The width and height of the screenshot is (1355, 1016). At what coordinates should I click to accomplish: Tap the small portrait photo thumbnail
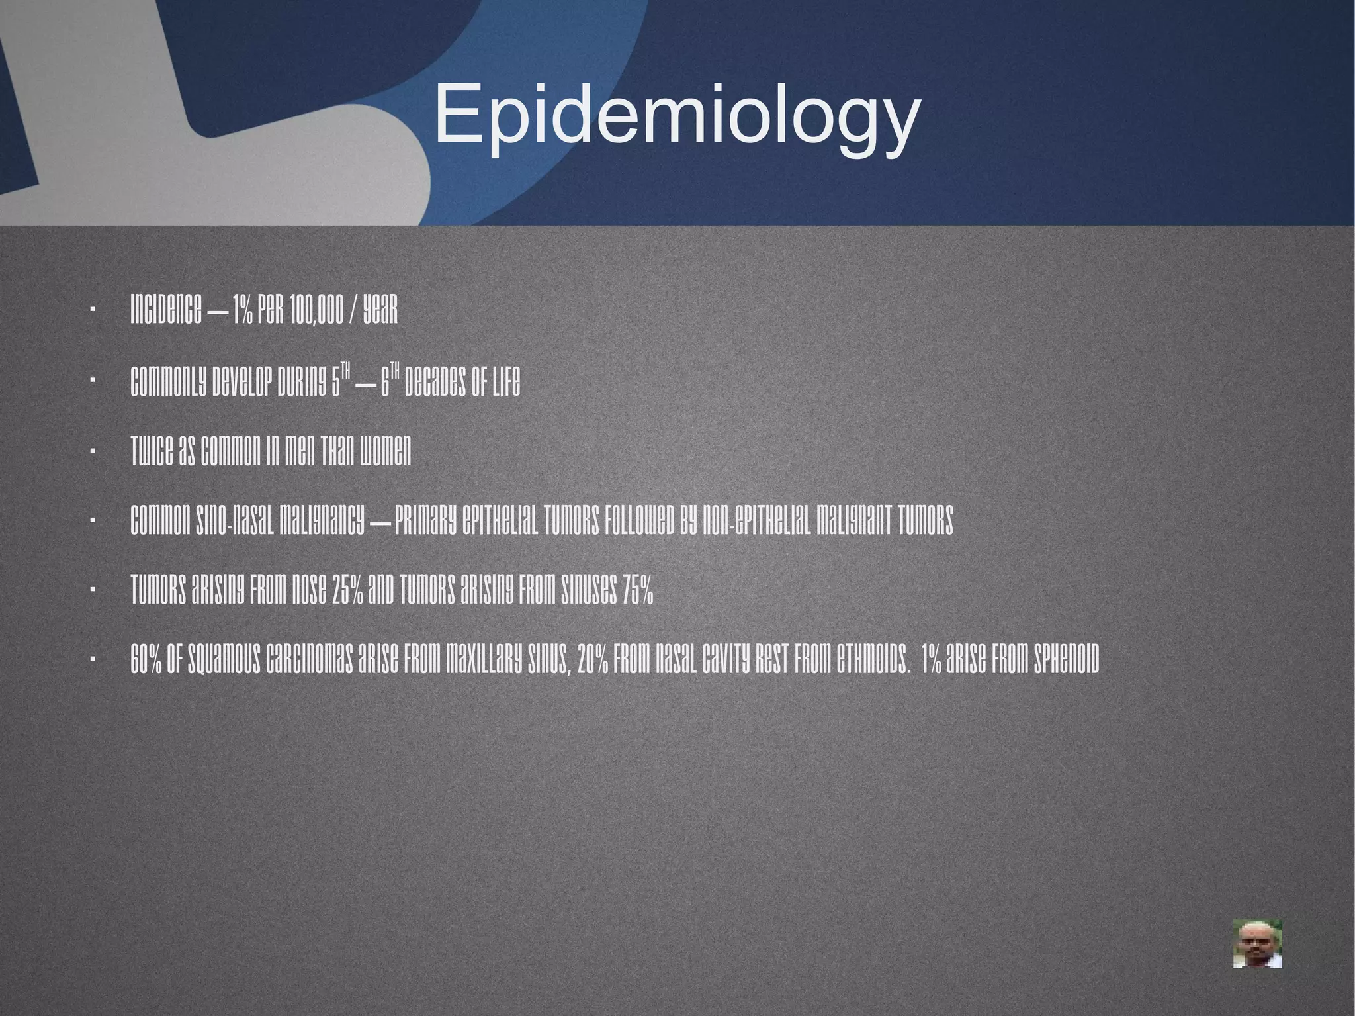pos(1257,943)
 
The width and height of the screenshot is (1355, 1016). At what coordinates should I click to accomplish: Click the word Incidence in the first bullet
pos(165,310)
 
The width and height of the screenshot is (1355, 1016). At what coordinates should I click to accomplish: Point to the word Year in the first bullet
pos(380,310)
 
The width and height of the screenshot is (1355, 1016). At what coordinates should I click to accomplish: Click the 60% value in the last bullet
pos(145,661)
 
